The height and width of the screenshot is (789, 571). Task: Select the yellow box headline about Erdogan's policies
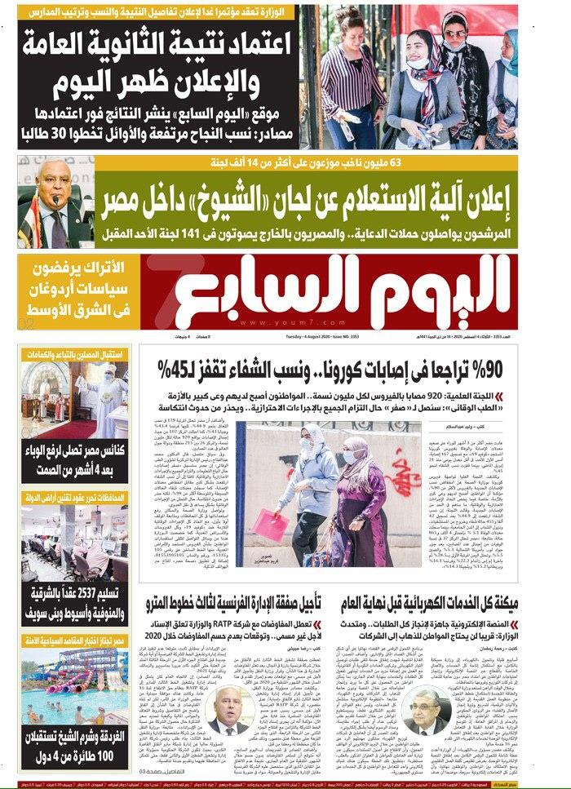click(74, 290)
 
